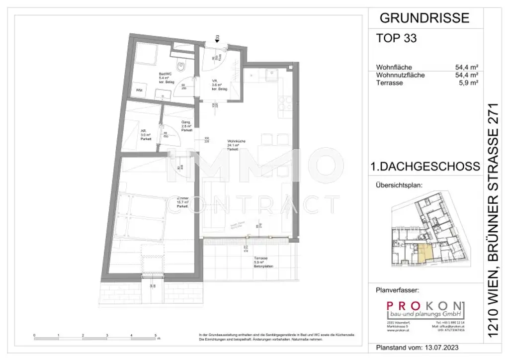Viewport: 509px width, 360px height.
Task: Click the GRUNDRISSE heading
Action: point(424,18)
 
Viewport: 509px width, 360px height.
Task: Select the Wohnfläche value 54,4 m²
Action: point(466,68)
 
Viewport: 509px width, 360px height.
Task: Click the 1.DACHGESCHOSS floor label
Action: point(425,167)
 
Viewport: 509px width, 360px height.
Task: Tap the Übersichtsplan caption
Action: point(398,185)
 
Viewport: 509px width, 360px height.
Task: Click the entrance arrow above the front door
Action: point(217,37)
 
